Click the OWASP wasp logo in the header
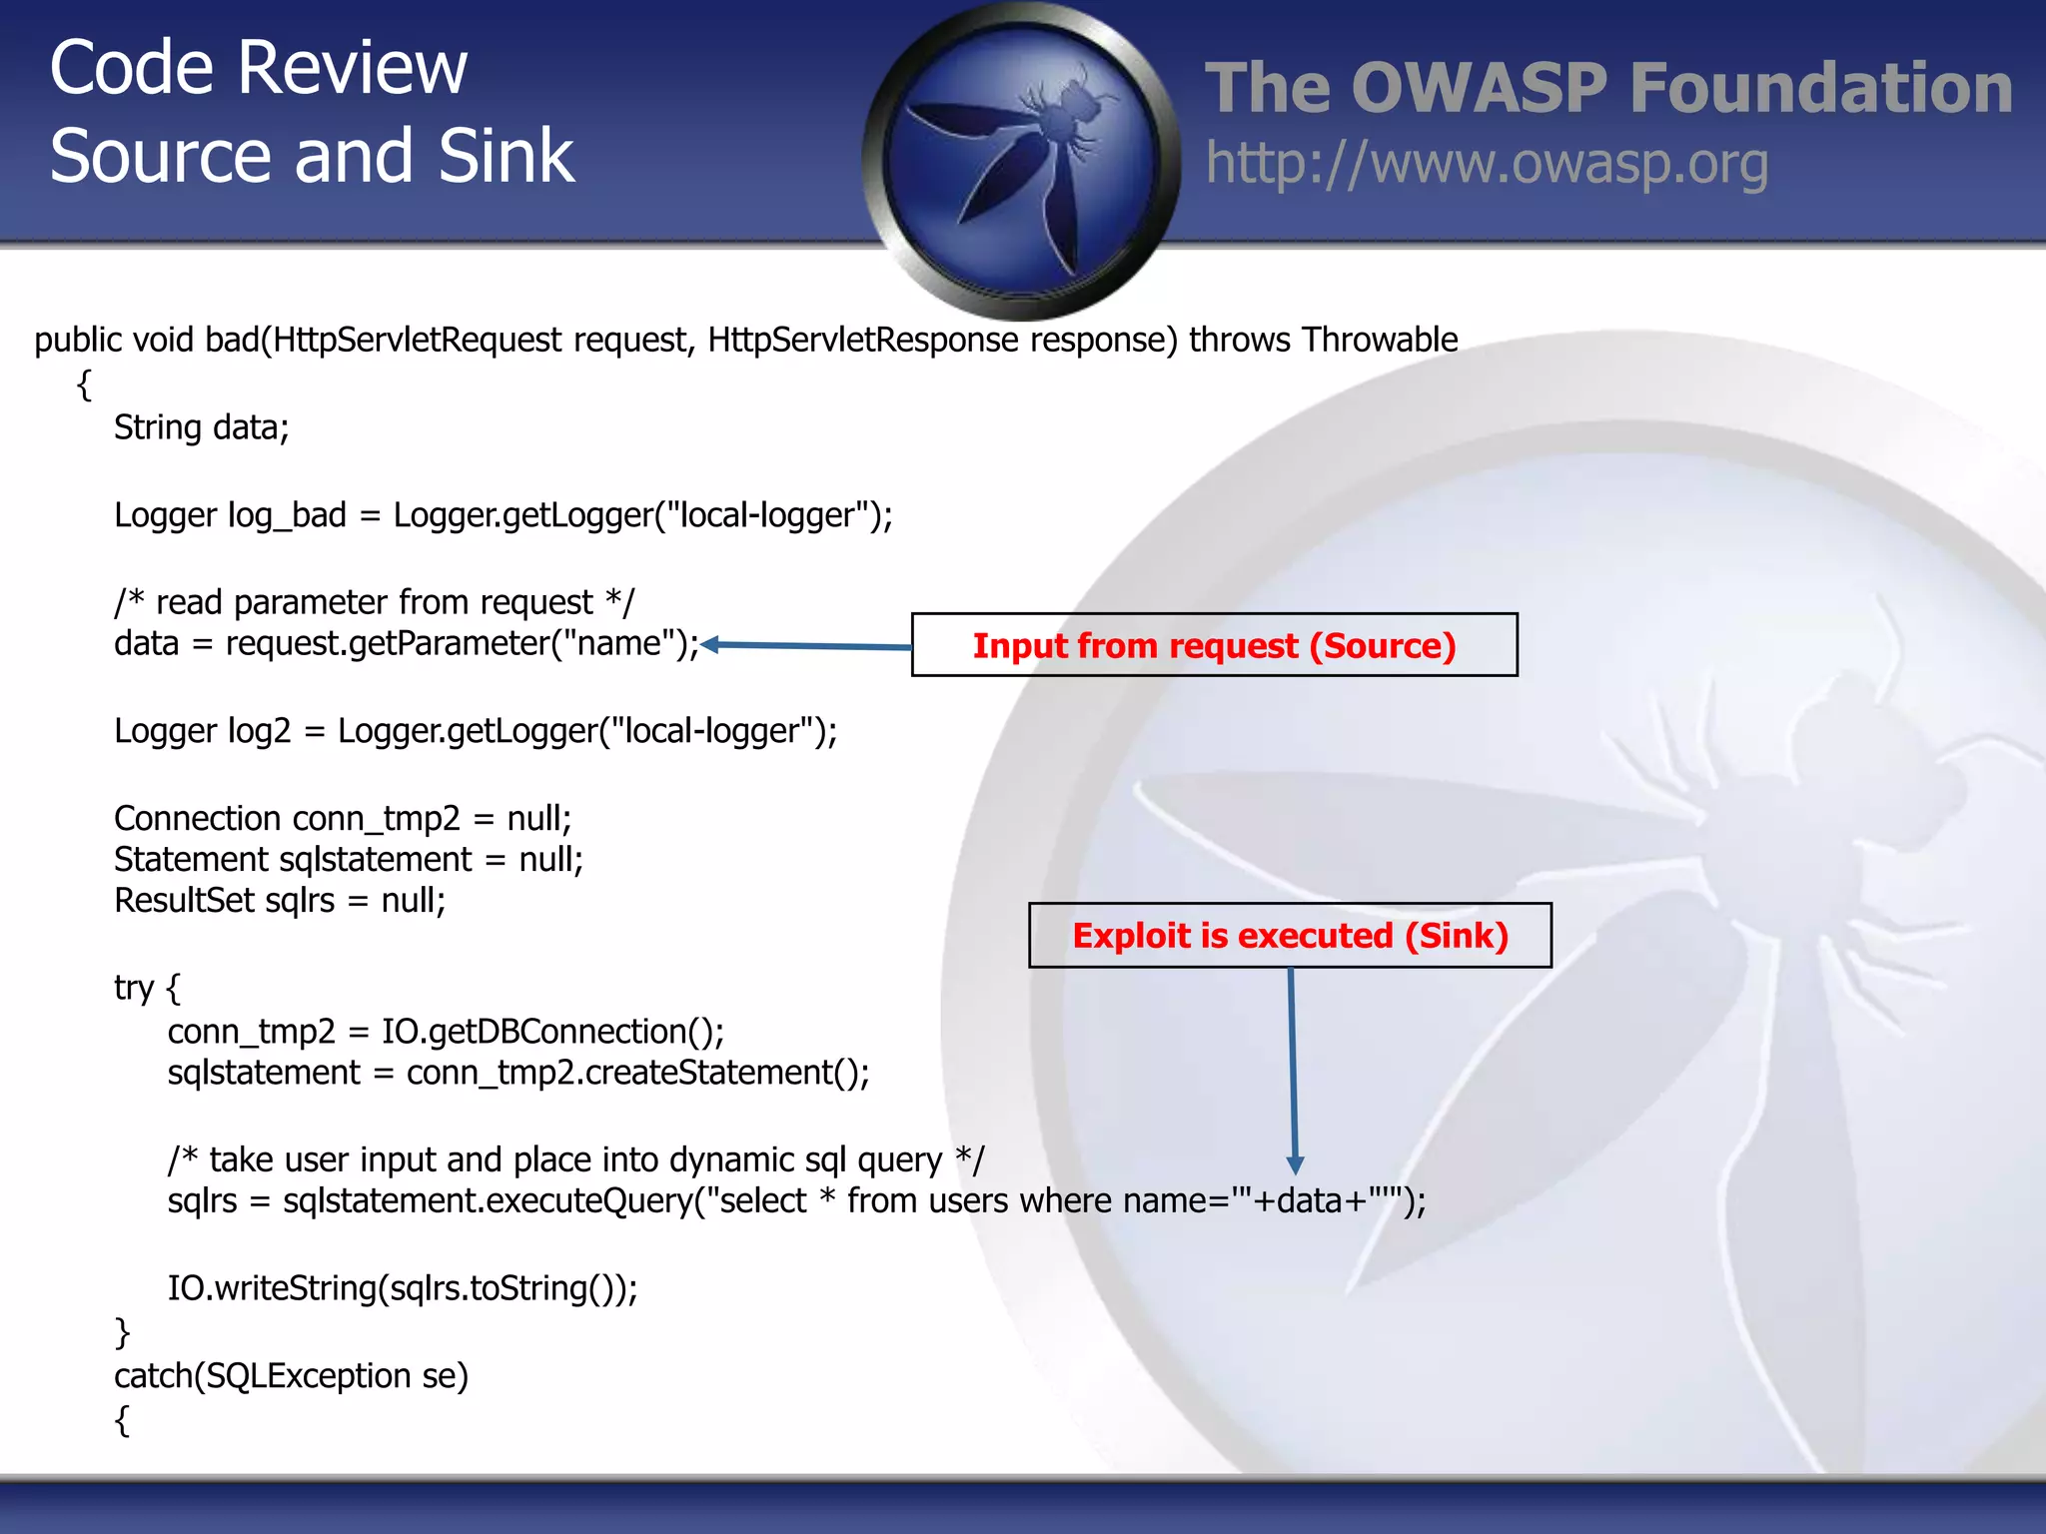point(1021,160)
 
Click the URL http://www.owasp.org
point(1487,164)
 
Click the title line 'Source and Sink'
point(312,157)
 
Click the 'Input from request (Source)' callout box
point(1214,645)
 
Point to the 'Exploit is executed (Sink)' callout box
point(1290,936)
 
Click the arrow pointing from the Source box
point(807,646)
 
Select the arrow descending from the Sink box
point(1293,1069)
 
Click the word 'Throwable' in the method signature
point(1380,341)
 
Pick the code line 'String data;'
point(201,427)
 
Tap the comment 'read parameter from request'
point(374,602)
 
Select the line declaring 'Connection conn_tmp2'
point(342,819)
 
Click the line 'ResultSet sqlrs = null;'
point(280,901)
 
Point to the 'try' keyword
point(134,988)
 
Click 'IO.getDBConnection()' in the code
point(552,1032)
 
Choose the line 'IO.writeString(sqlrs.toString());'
point(402,1288)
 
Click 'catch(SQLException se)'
point(291,1376)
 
